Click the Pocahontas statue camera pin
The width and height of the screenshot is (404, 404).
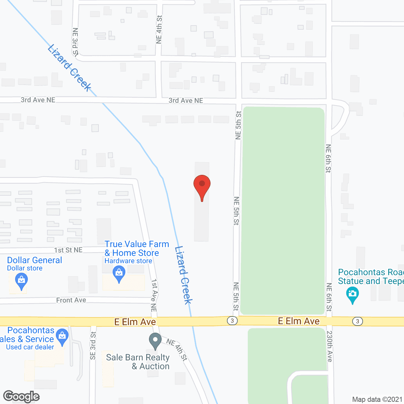click(353, 295)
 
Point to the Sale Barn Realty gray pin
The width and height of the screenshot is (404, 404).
click(155, 341)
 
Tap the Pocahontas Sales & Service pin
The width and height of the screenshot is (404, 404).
click(62, 337)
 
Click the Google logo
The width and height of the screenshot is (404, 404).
click(21, 396)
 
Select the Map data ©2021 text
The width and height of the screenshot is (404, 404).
click(377, 400)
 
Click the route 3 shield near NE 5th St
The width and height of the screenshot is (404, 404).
click(232, 321)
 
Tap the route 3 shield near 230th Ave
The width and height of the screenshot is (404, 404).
click(357, 321)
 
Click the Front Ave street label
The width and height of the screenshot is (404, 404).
click(71, 300)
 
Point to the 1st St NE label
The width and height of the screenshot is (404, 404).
click(68, 250)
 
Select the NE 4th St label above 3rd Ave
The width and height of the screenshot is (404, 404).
click(159, 29)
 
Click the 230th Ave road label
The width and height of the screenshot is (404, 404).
click(330, 346)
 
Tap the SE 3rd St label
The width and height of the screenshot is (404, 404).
click(93, 346)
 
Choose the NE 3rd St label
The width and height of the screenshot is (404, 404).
click(75, 42)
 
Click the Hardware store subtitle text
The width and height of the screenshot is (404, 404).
click(128, 261)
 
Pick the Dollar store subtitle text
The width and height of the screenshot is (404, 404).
click(25, 268)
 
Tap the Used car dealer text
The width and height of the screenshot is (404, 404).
click(30, 347)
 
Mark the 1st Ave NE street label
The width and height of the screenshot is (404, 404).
click(154, 295)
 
